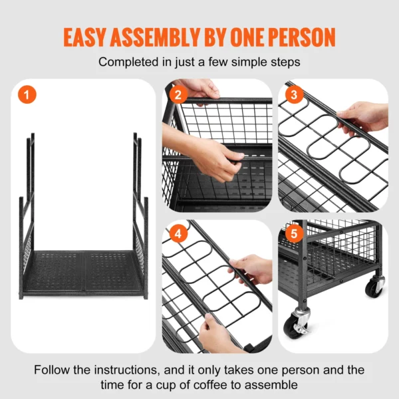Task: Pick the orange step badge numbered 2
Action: coord(176,95)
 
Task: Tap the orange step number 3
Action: coord(294,95)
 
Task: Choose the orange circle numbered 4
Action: coord(177,234)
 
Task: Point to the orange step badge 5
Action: coord(293,234)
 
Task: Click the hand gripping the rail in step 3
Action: coord(364,117)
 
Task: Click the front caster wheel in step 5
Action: coord(297,322)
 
